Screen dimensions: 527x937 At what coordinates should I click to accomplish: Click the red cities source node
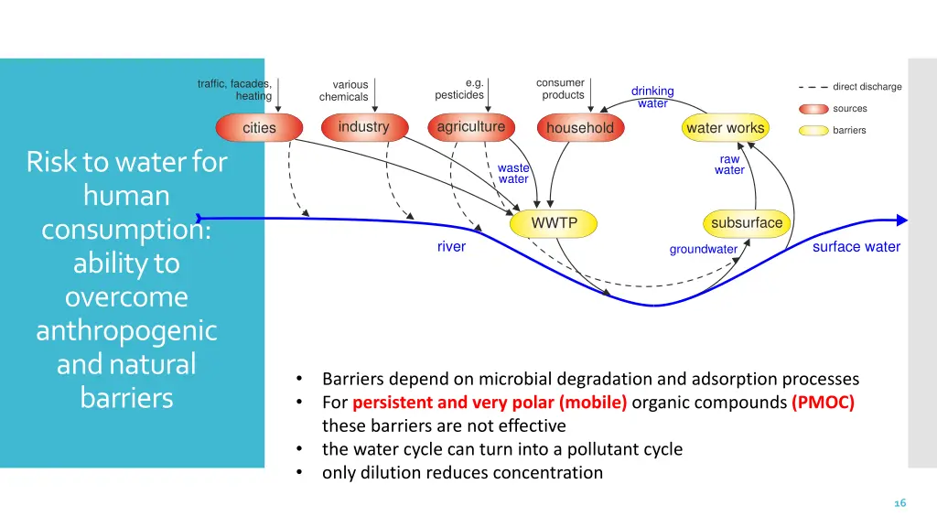pos(259,128)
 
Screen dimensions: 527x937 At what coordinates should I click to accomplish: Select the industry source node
pos(363,127)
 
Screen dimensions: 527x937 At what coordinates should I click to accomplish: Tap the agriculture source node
pos(470,127)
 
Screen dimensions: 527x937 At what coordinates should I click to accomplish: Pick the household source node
pos(579,128)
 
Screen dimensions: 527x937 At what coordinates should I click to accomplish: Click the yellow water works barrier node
pos(725,128)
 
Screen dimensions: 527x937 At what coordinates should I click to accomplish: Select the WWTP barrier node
pos(555,223)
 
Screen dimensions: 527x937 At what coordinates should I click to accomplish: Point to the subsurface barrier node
pos(747,223)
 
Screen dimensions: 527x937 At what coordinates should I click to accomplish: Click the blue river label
pos(451,247)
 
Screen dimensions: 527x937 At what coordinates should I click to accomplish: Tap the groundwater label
pos(703,250)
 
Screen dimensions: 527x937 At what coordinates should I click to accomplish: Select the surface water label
pos(856,247)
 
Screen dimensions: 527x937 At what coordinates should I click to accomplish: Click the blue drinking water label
pos(652,97)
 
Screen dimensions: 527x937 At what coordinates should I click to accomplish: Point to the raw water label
pos(729,165)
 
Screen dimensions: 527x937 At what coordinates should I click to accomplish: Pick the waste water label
pos(513,174)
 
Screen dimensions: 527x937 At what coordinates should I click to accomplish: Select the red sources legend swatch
pos(813,109)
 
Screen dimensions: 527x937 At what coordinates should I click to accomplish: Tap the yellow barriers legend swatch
pos(813,131)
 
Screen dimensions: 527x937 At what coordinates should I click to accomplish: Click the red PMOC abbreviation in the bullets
pos(823,403)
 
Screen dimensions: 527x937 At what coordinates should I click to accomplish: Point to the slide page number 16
pos(899,503)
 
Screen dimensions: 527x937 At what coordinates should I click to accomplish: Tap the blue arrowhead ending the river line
pos(901,220)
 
